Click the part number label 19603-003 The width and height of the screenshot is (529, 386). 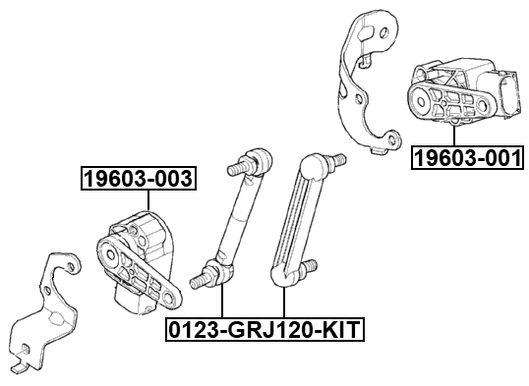[x=138, y=178]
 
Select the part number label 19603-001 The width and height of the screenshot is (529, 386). [x=466, y=157]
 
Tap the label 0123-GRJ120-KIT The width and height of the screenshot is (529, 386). [x=264, y=329]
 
